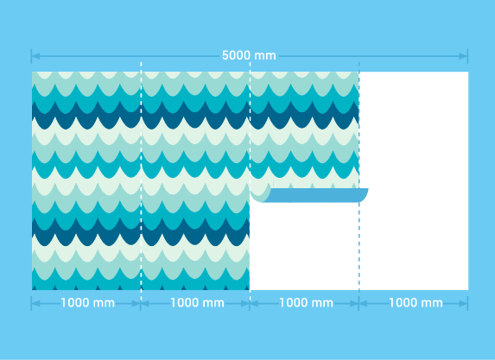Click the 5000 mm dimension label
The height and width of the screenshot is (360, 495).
[249, 55]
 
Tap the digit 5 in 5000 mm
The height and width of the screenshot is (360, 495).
[225, 55]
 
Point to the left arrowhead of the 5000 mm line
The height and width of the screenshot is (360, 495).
[35, 56]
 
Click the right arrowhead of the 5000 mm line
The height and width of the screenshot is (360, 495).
[463, 56]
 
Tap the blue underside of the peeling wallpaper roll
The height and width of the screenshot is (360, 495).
[315, 195]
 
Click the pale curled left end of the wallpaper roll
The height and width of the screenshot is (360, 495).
[260, 194]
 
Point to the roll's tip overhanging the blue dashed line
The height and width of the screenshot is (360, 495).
[364, 194]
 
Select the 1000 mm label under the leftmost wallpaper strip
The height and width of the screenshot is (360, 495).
[87, 303]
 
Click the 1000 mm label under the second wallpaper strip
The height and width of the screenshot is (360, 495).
[197, 303]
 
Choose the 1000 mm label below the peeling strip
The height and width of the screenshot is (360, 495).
[306, 303]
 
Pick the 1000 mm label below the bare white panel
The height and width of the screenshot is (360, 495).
[416, 303]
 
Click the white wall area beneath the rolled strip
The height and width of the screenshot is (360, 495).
[304, 246]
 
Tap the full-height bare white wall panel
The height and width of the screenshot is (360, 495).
[414, 180]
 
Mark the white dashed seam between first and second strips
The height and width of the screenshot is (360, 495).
[141, 181]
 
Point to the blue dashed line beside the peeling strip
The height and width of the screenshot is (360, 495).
[359, 181]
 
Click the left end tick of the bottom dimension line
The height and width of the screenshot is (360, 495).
[32, 303]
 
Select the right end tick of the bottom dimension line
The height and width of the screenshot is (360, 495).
[468, 303]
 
